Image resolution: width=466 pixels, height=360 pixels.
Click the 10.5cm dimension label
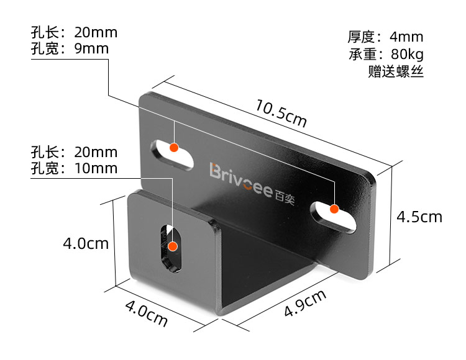[x=281, y=114]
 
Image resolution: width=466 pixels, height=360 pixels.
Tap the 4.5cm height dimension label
[x=419, y=217]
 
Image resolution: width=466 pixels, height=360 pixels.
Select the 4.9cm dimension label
[x=305, y=304]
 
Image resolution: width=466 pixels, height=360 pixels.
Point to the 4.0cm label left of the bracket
[x=86, y=243]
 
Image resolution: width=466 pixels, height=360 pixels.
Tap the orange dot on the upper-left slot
[x=174, y=148]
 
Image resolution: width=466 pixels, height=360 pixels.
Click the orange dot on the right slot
[x=334, y=209]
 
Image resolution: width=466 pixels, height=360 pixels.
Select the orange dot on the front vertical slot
[x=173, y=246]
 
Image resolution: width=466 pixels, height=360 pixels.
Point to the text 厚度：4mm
[x=385, y=37]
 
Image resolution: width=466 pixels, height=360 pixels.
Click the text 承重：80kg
[x=385, y=54]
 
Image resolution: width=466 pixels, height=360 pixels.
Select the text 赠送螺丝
[x=396, y=71]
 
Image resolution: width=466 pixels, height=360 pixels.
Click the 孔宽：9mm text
[x=70, y=48]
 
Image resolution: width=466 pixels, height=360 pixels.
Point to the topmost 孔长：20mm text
[x=74, y=32]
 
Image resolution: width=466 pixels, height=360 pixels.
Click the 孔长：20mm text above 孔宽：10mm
[x=74, y=152]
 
